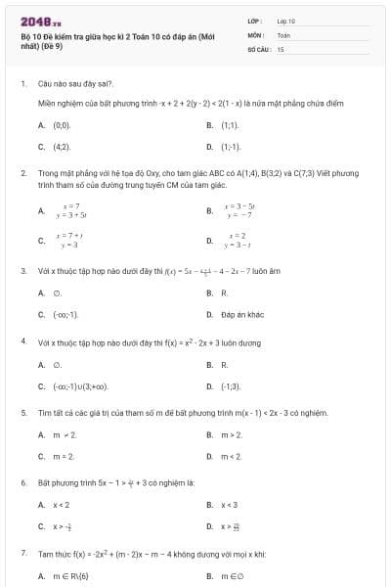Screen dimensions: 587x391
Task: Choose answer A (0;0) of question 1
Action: pos(62,125)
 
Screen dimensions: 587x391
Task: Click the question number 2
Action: pos(22,171)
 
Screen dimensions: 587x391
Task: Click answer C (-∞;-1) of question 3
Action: pos(65,314)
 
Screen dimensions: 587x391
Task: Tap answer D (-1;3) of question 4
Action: pos(231,385)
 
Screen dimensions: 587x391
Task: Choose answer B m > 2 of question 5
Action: pos(232,434)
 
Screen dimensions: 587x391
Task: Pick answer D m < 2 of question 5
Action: pos(232,456)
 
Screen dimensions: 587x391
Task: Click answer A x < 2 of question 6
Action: pos(61,505)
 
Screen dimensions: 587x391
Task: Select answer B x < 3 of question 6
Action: pos(230,505)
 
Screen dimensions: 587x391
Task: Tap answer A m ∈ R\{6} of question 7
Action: pos(70,576)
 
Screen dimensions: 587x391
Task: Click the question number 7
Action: pos(22,554)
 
